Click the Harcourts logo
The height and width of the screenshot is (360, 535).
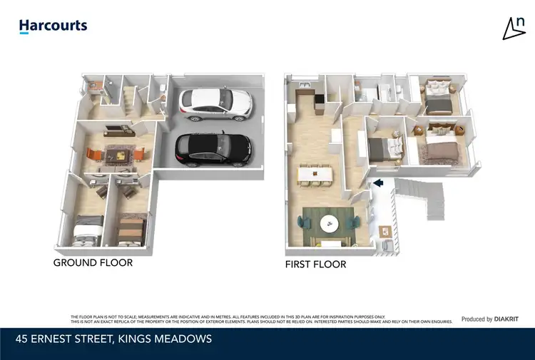(53, 26)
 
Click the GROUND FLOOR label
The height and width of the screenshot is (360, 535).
(93, 262)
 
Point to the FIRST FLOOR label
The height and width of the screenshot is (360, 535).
(315, 264)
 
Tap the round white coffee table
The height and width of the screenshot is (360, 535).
(329, 222)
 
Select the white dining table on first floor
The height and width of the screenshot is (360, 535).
(318, 172)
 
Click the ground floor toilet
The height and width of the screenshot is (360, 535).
(163, 91)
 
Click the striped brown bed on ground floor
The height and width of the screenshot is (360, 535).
(131, 228)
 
